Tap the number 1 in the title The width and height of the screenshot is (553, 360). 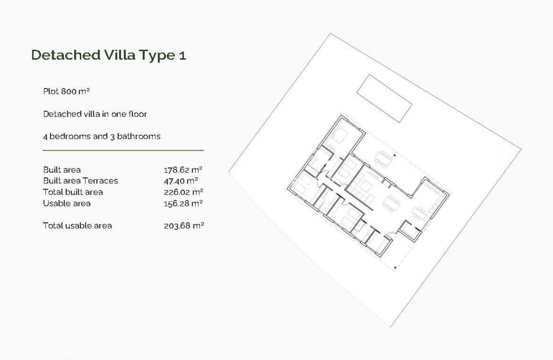(182, 56)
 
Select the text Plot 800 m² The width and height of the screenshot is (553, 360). (67, 91)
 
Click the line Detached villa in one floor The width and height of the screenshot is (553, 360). (95, 114)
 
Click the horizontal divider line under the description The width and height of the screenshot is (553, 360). (123, 150)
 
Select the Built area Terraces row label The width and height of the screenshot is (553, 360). (80, 181)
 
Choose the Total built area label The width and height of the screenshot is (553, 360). (73, 192)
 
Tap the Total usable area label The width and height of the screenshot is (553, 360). (78, 225)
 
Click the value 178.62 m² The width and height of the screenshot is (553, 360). (183, 170)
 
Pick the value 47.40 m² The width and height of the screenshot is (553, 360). (181, 181)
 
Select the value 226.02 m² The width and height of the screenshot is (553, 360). (183, 192)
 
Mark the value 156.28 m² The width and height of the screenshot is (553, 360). (183, 203)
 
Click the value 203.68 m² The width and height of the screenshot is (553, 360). (183, 225)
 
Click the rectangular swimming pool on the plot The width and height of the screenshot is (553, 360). (384, 98)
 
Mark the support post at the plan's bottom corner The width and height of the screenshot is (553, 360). (395, 267)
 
